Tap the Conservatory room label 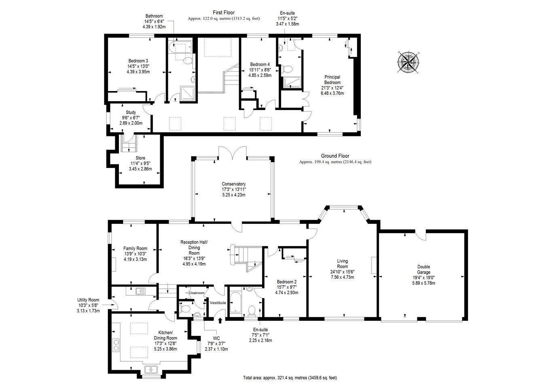233,184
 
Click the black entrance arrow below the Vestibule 220,321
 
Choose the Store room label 140,158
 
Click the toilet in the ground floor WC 186,310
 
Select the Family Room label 135,248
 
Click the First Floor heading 223,13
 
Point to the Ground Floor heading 335,156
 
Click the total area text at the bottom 290,378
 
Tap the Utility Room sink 140,291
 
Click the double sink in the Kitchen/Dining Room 151,369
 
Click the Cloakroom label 196,292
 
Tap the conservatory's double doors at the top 233,153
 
